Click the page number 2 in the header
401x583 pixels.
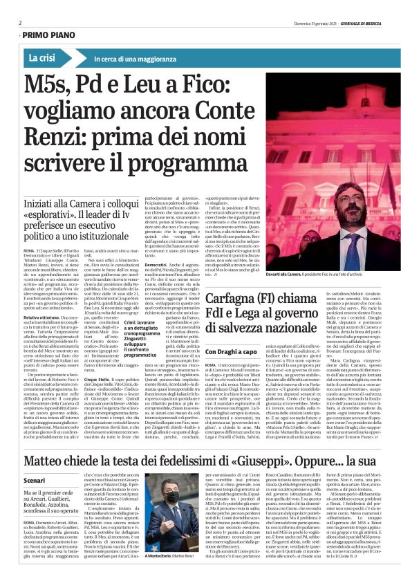pyautogui.click(x=19, y=22)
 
